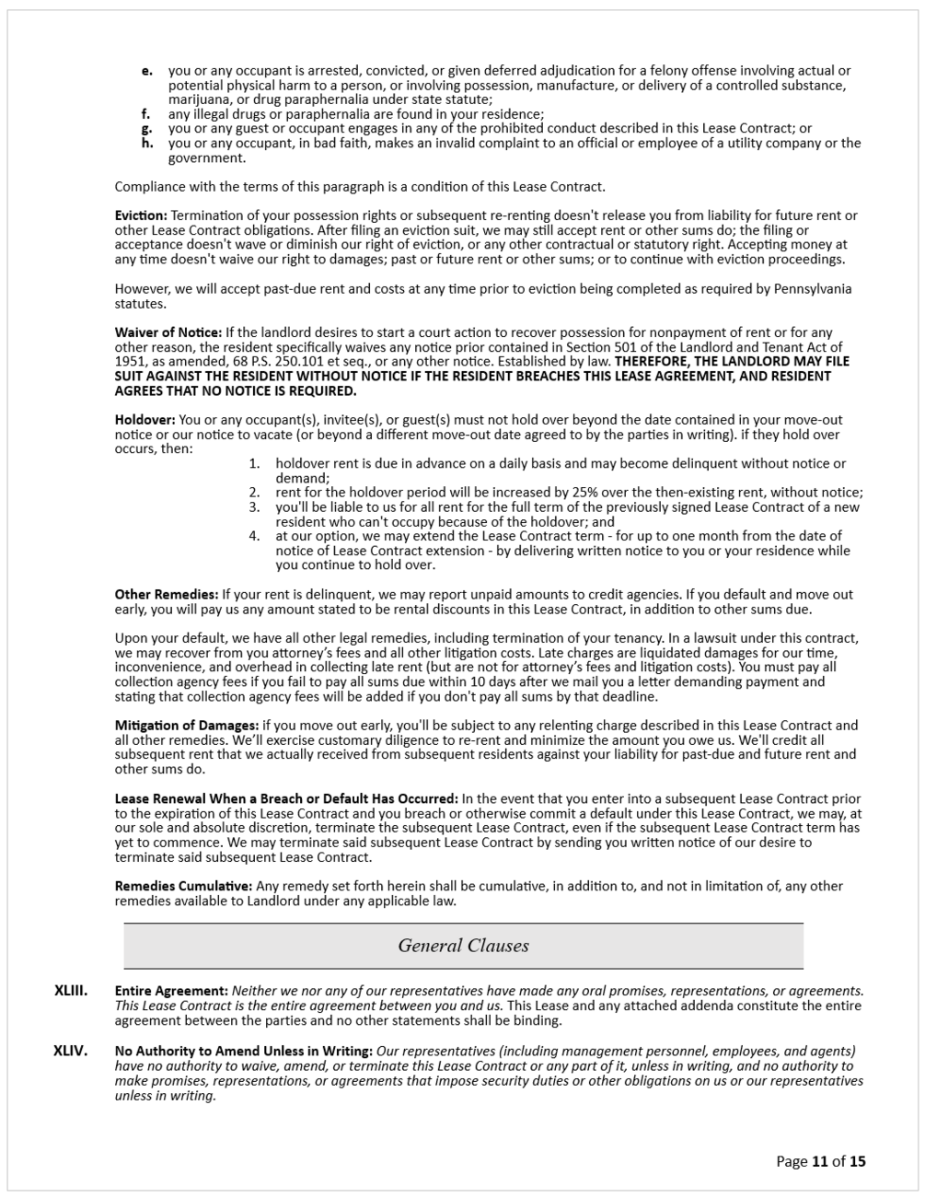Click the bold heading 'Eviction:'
click(x=141, y=215)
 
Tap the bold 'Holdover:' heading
click(x=145, y=420)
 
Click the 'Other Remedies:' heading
click(x=166, y=595)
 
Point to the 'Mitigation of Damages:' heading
click(x=187, y=726)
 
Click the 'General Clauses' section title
click(x=463, y=946)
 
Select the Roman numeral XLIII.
click(x=71, y=991)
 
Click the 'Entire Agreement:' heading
click(x=171, y=992)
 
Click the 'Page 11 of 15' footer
click(x=821, y=1161)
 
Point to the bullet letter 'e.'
click(x=147, y=71)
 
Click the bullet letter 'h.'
click(x=147, y=144)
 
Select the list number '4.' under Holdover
click(x=255, y=536)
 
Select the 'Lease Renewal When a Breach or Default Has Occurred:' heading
click(x=286, y=798)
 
